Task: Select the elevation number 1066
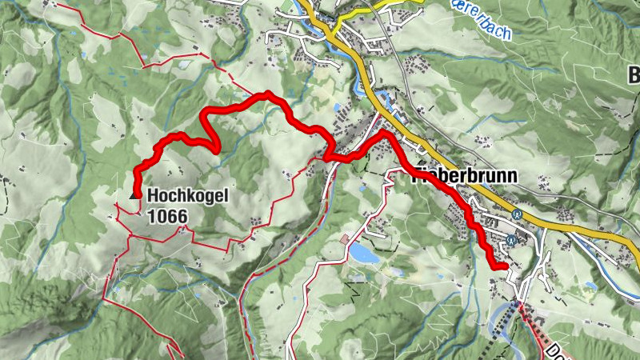[167, 214]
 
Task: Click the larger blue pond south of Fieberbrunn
[364, 254]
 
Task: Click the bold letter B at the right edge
[633, 77]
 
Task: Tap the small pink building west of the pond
[344, 239]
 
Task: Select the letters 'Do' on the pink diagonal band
[558, 349]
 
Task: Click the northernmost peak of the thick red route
[266, 94]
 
